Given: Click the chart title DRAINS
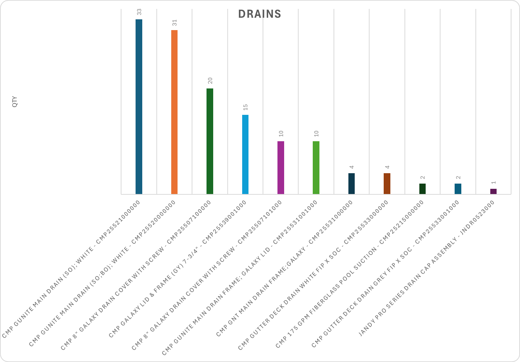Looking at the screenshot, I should tap(260, 14).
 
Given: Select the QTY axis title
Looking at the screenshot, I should tap(15, 102).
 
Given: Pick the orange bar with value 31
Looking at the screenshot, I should tap(174, 112).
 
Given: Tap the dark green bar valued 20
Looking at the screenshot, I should tap(210, 141).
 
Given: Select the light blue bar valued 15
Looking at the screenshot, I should tap(245, 154).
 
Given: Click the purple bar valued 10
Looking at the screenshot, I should tap(281, 168).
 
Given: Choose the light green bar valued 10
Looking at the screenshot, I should tap(316, 168).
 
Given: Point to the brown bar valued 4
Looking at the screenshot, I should tap(387, 184).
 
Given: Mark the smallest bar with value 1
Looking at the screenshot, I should tap(493, 191).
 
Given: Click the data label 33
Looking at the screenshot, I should tap(139, 12).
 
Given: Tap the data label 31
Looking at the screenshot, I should tap(175, 23).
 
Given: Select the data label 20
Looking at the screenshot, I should tap(210, 81).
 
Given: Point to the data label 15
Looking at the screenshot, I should tap(246, 107).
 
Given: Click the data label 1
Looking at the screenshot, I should tap(494, 182).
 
